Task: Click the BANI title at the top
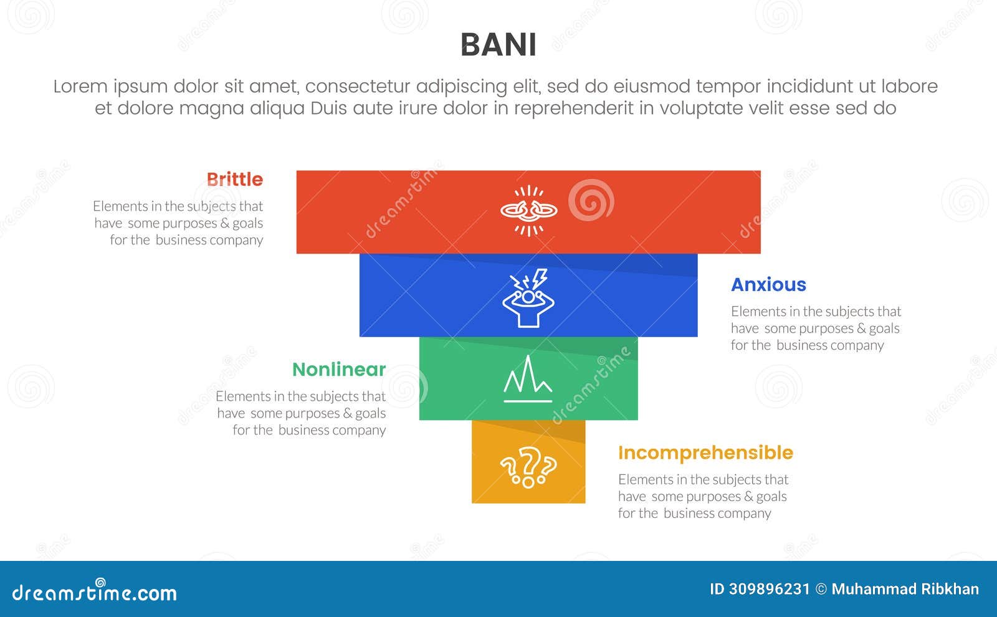(498, 45)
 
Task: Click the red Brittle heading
(235, 179)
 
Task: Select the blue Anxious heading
(768, 285)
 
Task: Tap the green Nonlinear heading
(339, 370)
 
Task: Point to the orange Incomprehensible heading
(705, 453)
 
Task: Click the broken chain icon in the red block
(529, 211)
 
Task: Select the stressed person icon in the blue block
(528, 298)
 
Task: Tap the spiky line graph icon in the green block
(528, 379)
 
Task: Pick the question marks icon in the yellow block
(528, 467)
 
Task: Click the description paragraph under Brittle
(178, 223)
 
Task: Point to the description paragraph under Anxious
(816, 328)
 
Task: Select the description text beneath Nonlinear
(301, 413)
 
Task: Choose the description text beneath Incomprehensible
(703, 497)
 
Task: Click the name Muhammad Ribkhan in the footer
(905, 590)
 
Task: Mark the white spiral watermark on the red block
(590, 200)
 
